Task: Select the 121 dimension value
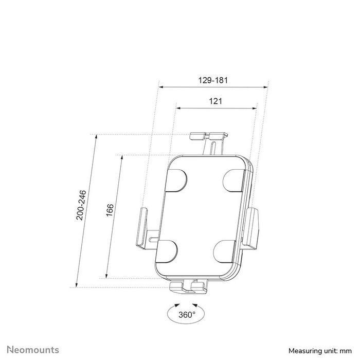[x=215, y=101]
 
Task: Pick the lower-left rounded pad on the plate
[x=166, y=251]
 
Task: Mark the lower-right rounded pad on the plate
[x=225, y=252]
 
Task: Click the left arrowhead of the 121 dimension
[x=177, y=107]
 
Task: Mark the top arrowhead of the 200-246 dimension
[x=95, y=136]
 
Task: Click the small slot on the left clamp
[x=153, y=240]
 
